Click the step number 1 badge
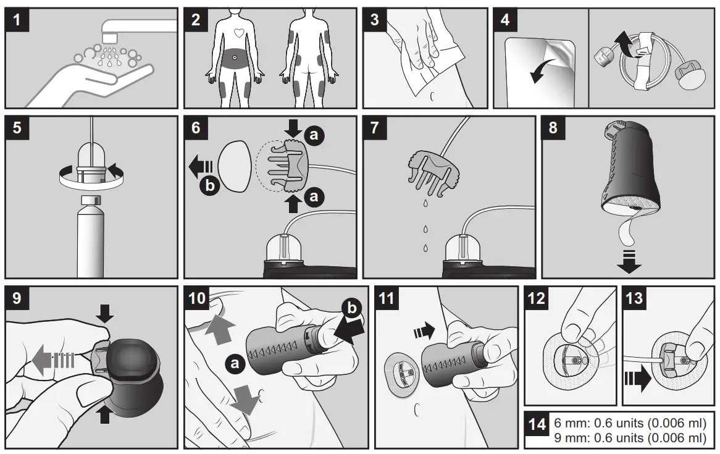point(17,20)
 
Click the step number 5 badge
point(17,128)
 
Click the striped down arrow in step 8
point(629,263)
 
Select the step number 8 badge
point(554,128)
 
